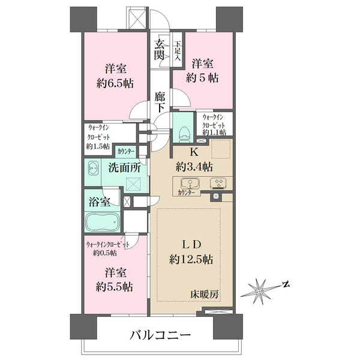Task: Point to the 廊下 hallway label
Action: point(160,101)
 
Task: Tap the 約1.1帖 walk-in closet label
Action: point(214,132)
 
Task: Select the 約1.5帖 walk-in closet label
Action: point(98,146)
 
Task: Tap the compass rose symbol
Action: point(260,291)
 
